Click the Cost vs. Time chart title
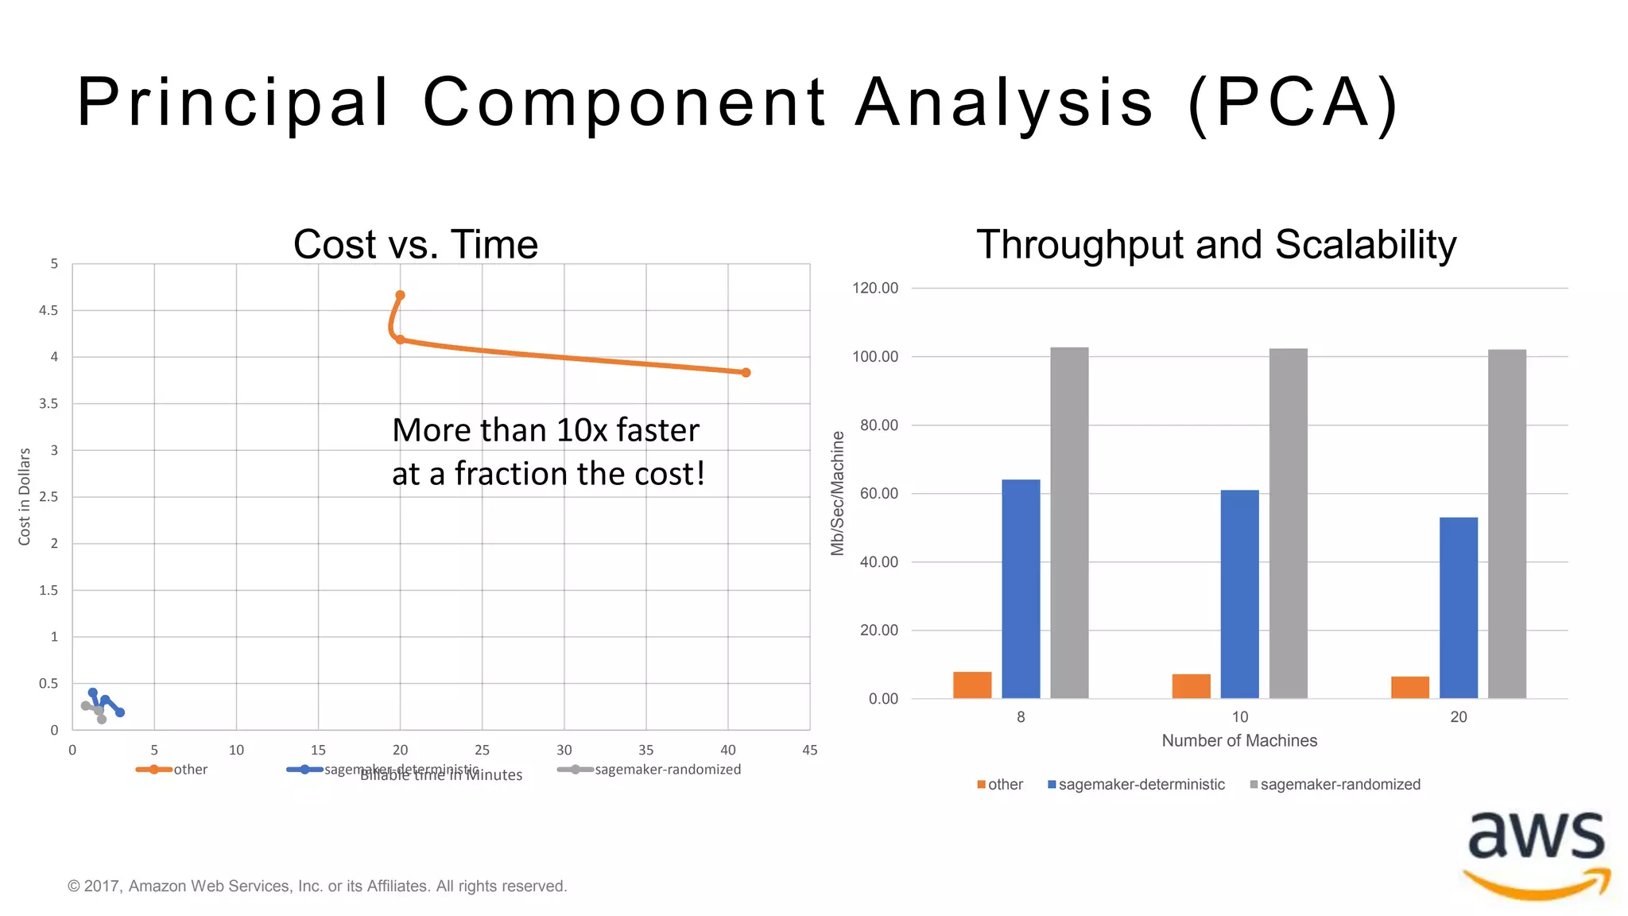coord(416,244)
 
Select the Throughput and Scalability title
coord(1216,244)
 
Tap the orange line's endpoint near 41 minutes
coord(746,372)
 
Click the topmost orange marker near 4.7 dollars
coord(401,295)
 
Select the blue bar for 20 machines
coord(1458,607)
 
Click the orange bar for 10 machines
coord(1191,686)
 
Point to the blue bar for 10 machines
coord(1239,594)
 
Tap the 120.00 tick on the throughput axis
coord(875,288)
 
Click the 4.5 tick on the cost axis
coord(48,310)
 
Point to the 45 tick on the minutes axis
coord(809,750)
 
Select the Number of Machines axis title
coord(1239,740)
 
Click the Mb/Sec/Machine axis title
coord(837,493)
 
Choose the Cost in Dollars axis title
coord(25,496)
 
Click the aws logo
coord(1537,855)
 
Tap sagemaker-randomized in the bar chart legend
coord(1339,784)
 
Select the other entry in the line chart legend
coord(190,769)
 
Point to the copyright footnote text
coord(317,886)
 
